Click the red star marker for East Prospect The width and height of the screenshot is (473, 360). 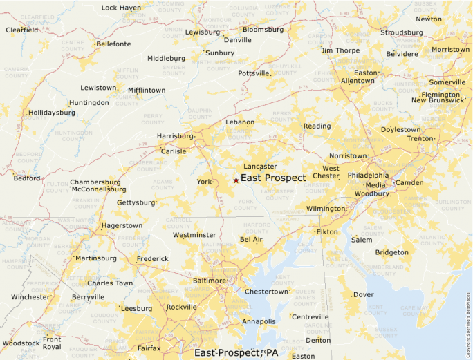(236, 180)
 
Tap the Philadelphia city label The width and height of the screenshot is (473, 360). (368, 176)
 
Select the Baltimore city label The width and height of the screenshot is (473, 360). (209, 281)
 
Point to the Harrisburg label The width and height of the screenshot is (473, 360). (175, 136)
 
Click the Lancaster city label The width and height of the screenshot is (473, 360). (260, 167)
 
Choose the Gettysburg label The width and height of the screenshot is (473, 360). (136, 202)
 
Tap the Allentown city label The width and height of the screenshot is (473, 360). (358, 81)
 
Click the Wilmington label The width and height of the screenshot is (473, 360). (325, 208)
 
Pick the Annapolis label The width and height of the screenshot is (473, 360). (259, 321)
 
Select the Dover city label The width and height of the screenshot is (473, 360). (363, 294)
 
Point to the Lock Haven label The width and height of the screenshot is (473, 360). (121, 8)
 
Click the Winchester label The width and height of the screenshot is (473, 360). (30, 297)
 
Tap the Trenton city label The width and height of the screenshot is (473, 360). (419, 139)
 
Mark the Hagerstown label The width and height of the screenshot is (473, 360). (122, 226)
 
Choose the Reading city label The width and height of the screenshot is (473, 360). (317, 126)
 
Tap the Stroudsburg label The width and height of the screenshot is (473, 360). (401, 32)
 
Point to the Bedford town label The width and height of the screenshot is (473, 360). (26, 178)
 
